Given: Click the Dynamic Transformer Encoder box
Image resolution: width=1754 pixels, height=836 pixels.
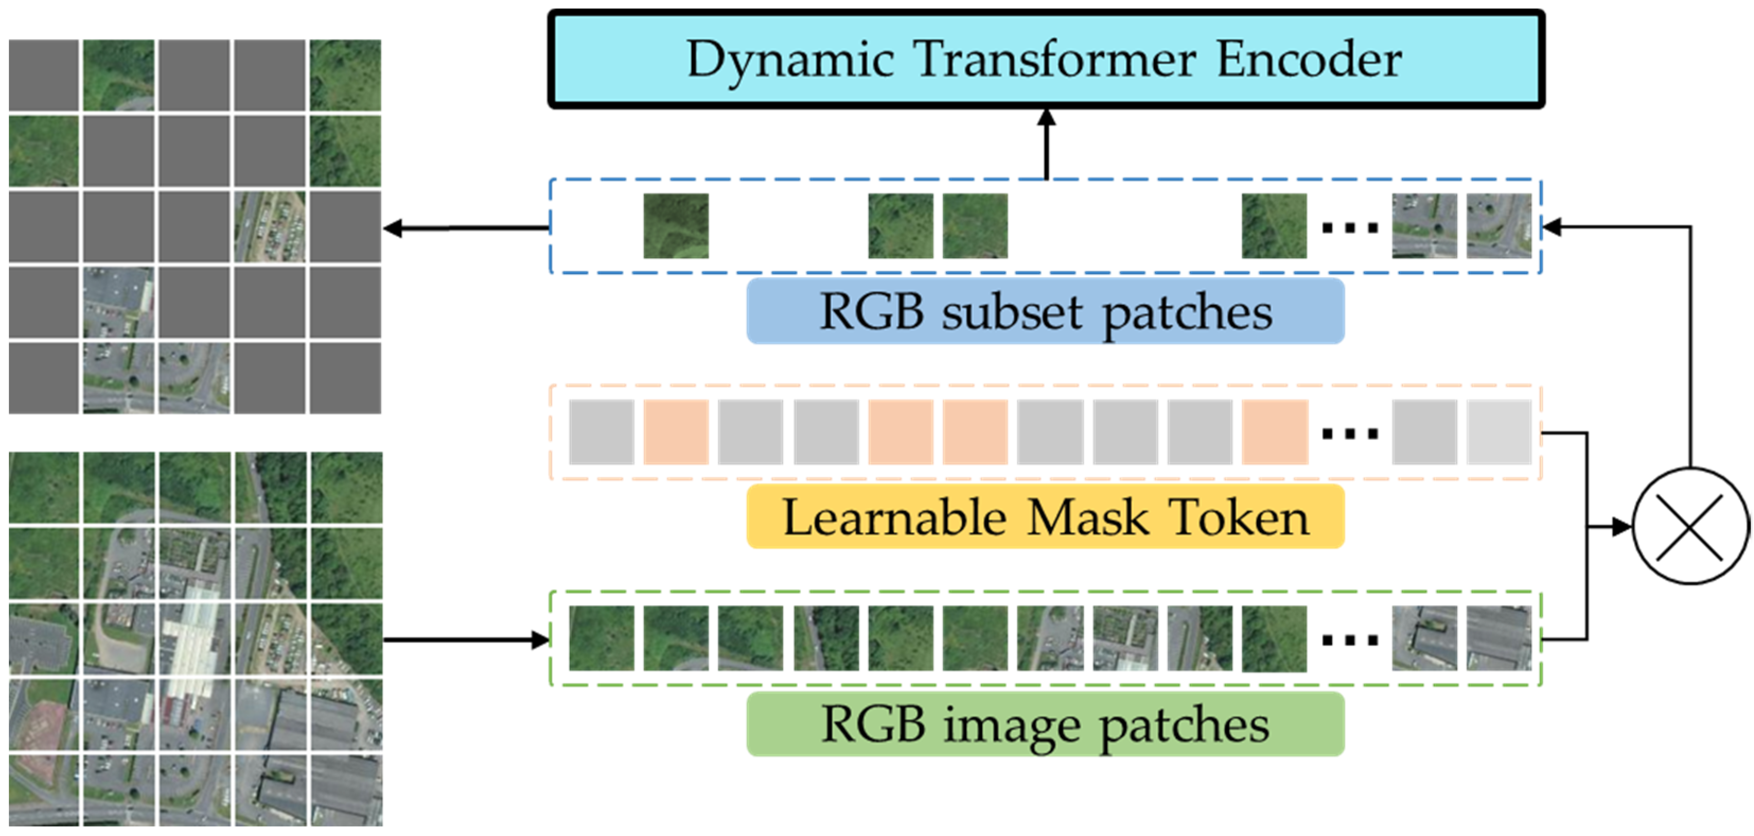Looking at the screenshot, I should tap(1046, 59).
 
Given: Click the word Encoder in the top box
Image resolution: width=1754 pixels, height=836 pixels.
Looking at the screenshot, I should tap(1308, 59).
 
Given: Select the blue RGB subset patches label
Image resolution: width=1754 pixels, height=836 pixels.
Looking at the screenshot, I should tap(1046, 311).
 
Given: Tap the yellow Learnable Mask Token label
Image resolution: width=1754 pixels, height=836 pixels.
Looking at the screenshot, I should tap(1046, 517).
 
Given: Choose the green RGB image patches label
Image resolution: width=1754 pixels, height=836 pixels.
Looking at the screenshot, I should tap(1046, 724).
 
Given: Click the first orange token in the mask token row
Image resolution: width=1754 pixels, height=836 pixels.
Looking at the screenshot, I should tap(675, 432).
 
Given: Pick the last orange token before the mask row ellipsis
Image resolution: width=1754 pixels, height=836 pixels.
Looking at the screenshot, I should tap(1274, 432).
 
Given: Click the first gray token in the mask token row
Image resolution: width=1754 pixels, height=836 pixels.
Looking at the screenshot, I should tap(601, 432).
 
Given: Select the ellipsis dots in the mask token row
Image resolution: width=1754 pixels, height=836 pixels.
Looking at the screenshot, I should tap(1350, 434).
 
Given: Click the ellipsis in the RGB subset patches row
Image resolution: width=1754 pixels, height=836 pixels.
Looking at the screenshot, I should tap(1350, 228).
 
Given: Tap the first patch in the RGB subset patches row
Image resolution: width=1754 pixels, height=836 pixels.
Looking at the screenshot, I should tap(675, 226).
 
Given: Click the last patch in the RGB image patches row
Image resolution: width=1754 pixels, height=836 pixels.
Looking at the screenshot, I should tap(1499, 639).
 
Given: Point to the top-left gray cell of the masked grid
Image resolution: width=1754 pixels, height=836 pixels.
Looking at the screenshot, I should tap(43, 75).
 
